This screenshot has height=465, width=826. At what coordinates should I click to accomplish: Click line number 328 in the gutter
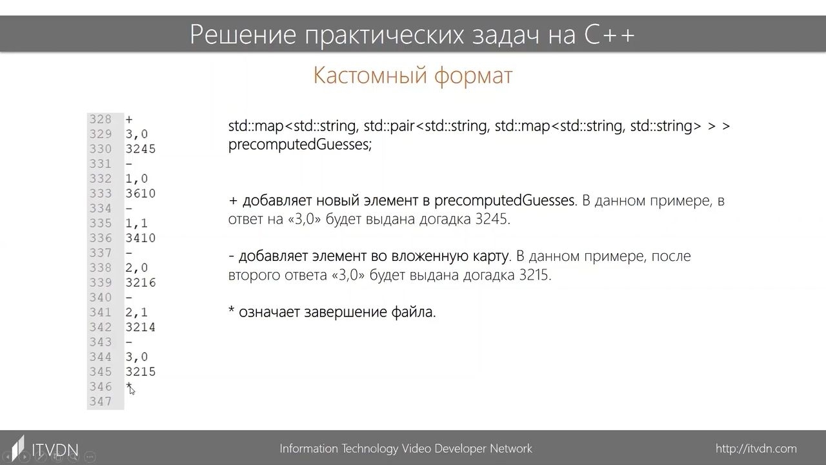tap(100, 119)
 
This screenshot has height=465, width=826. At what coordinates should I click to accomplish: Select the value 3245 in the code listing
tap(141, 149)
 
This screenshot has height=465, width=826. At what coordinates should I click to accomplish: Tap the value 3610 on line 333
tap(141, 193)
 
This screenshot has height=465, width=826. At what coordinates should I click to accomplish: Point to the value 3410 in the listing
tap(141, 238)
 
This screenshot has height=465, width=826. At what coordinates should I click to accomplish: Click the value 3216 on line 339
tap(141, 283)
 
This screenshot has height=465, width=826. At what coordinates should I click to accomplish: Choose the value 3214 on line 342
tap(141, 327)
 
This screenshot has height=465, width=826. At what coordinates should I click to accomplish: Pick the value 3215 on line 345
tap(141, 371)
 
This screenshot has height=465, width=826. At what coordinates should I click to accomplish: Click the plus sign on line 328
tap(128, 119)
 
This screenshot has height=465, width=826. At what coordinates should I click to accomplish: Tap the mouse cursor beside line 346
tap(131, 389)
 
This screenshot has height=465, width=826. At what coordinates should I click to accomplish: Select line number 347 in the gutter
tap(100, 402)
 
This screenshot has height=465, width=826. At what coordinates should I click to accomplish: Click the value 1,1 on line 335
tap(136, 223)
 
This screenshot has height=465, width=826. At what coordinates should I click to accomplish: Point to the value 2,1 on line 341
tap(136, 313)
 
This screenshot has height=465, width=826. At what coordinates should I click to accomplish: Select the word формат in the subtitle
tap(474, 76)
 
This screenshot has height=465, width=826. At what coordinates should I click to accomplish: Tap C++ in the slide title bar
tap(609, 35)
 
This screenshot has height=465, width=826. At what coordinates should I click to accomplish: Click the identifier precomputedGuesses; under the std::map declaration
tap(300, 144)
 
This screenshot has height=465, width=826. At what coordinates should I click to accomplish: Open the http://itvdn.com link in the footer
tap(756, 449)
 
